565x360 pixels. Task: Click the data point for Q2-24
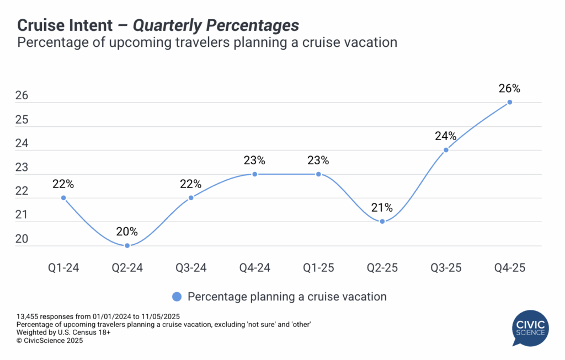(127, 245)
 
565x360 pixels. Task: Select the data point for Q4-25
(509, 102)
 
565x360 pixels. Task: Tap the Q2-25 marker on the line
(382, 221)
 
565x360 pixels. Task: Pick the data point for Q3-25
(446, 149)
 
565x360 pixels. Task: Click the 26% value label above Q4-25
(509, 88)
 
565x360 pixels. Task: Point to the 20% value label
(127, 232)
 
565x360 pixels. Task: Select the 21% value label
(382, 208)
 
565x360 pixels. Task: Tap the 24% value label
(446, 136)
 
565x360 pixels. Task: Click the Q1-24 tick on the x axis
(63, 268)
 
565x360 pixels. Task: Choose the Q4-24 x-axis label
(254, 268)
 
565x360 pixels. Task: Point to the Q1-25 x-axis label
(318, 268)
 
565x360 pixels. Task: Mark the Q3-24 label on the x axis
(191, 268)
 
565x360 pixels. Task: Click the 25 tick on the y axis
(22, 120)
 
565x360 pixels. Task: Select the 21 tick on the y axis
(22, 216)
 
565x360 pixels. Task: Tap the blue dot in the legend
(177, 297)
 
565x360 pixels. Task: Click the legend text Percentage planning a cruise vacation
(287, 297)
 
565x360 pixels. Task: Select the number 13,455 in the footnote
(29, 316)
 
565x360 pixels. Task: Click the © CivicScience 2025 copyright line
(50, 341)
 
